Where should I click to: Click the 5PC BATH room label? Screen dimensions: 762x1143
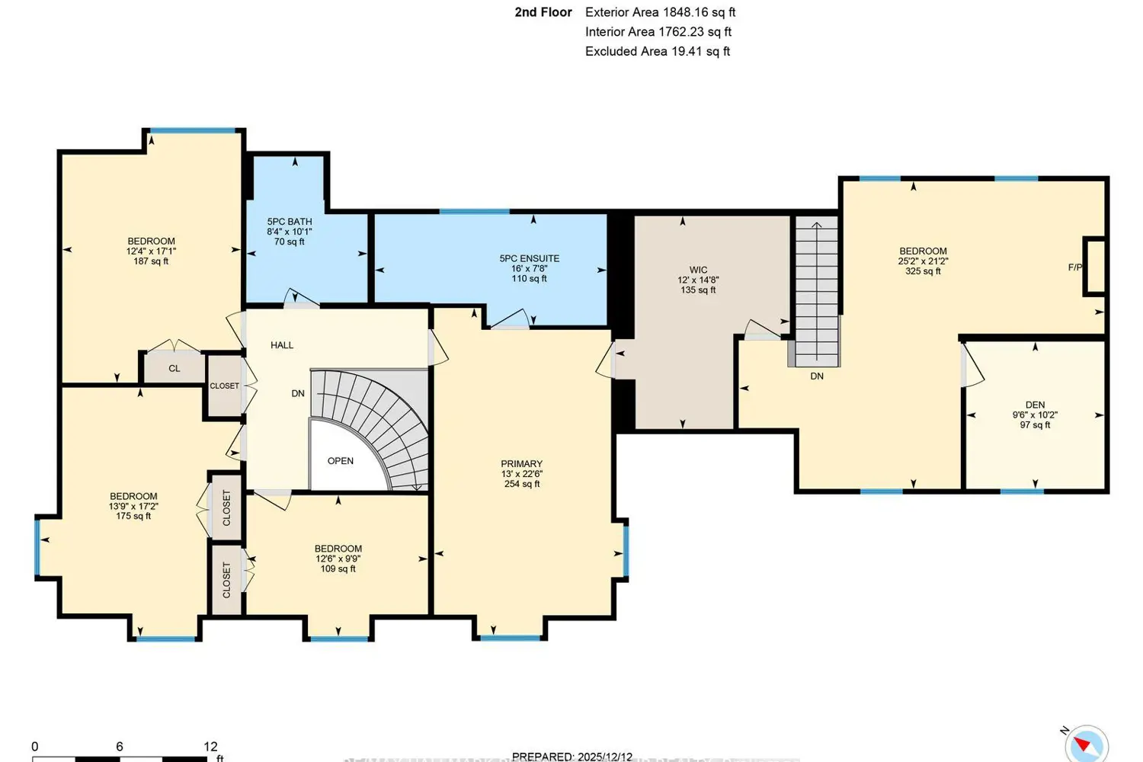click(x=290, y=222)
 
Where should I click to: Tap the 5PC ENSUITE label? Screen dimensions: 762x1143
click(x=530, y=258)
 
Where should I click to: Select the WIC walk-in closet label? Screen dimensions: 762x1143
click(x=698, y=270)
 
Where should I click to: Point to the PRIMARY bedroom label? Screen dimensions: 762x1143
click(x=522, y=463)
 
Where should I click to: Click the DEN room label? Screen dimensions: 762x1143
click(x=1035, y=405)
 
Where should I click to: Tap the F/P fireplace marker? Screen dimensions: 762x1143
click(x=1074, y=267)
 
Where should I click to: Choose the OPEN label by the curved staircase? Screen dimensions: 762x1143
click(x=341, y=461)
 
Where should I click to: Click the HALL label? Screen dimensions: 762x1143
click(x=282, y=345)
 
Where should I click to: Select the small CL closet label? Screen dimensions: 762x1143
click(x=174, y=369)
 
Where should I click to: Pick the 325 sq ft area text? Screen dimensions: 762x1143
click(x=923, y=271)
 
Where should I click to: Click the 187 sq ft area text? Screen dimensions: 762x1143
click(x=151, y=261)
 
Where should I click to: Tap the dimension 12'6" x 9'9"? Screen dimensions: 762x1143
click(x=338, y=559)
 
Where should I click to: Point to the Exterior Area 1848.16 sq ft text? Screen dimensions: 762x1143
click(x=660, y=12)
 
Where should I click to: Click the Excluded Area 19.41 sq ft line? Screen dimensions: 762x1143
click(x=657, y=51)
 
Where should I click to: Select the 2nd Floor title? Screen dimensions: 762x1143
click(x=543, y=12)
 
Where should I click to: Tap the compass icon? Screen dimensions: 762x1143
click(x=1085, y=744)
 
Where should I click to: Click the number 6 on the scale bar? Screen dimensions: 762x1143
click(x=120, y=747)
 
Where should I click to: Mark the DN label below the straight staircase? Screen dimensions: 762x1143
click(x=817, y=376)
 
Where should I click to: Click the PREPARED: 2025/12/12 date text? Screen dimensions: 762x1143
click(x=572, y=757)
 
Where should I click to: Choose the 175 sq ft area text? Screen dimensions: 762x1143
click(x=133, y=516)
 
